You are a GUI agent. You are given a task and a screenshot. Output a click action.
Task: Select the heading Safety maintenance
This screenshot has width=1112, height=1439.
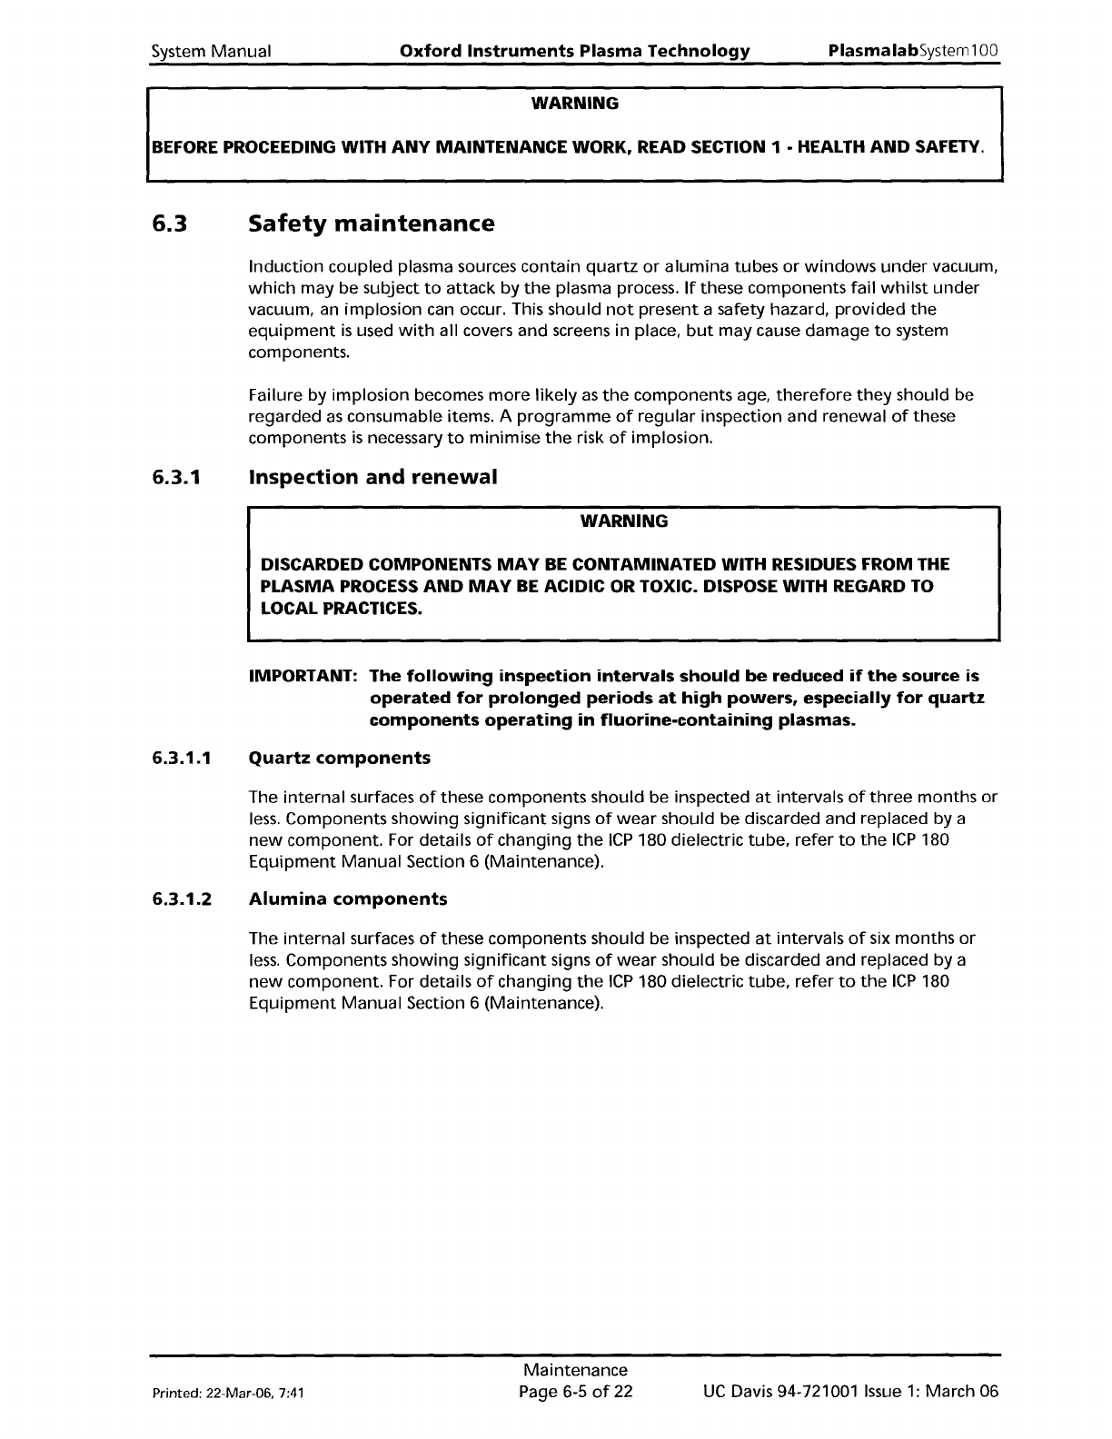click(372, 223)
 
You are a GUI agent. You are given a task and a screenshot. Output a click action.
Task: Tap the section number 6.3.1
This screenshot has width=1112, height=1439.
click(178, 477)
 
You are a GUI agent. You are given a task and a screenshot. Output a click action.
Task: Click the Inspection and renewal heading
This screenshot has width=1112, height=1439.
click(372, 477)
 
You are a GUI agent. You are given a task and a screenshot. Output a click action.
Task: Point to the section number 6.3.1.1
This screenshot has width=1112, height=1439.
click(182, 758)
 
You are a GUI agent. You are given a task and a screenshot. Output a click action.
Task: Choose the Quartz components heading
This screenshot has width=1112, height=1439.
click(340, 758)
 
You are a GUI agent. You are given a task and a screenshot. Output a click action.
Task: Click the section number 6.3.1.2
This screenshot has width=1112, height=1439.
click(182, 899)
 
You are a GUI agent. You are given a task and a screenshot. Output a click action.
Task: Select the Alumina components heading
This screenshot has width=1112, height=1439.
click(348, 899)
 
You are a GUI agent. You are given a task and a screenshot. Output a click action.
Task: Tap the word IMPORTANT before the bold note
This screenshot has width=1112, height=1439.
click(303, 677)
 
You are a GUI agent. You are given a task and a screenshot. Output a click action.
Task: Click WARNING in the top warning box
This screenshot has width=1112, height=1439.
click(574, 104)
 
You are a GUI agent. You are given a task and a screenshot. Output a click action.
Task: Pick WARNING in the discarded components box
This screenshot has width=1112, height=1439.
click(623, 521)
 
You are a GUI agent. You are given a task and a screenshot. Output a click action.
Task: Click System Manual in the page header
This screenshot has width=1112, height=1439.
click(211, 51)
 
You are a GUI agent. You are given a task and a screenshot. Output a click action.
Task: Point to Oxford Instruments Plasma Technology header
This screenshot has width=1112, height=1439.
click(575, 51)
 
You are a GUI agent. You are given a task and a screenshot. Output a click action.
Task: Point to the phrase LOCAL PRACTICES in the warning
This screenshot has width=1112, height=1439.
click(342, 608)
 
